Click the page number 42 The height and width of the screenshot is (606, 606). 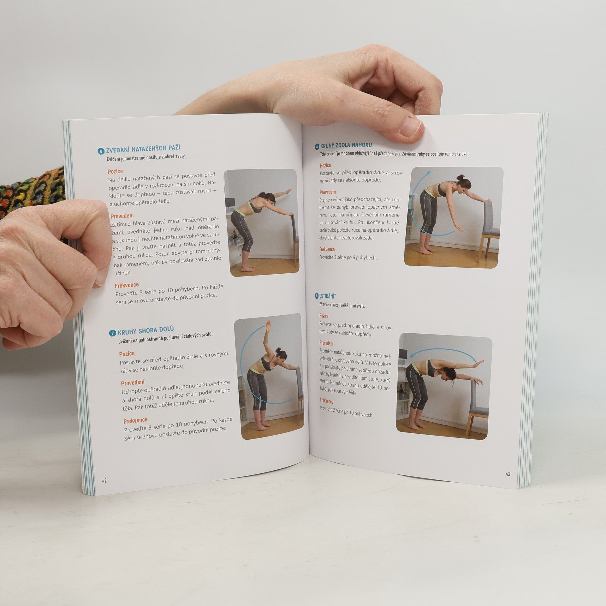pos(104,489)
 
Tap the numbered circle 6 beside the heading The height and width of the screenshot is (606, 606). pos(101,151)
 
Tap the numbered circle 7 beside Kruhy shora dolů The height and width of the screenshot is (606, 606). pos(112,333)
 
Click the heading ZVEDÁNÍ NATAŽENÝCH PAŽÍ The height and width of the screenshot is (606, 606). pos(143,149)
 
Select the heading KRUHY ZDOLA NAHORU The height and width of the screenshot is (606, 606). pos(346,146)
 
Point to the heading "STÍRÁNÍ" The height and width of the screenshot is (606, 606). pos(328,297)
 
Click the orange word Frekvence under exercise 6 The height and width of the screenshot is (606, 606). pos(127,285)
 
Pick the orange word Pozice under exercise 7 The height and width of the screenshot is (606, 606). pos(127,354)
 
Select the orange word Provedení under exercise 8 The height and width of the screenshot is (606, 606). pos(328,192)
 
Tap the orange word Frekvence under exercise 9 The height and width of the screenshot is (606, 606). pos(327,401)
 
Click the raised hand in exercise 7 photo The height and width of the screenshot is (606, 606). pos(268,325)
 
